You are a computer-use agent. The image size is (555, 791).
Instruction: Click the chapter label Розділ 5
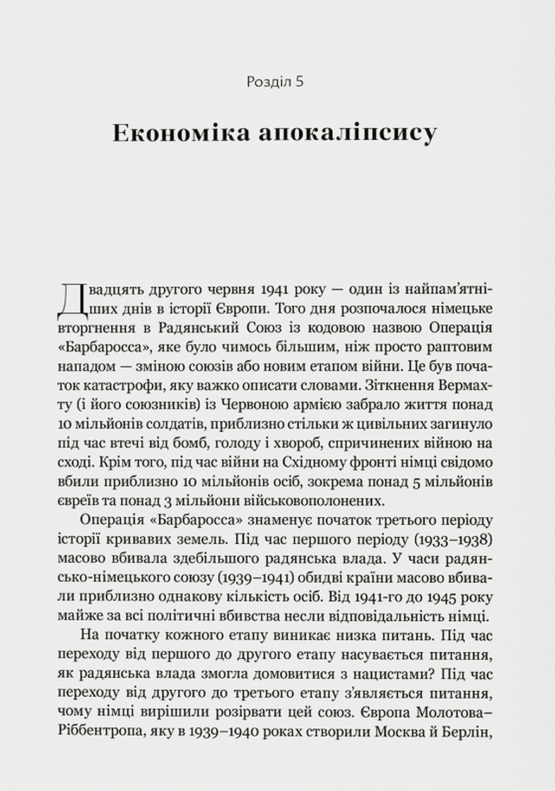274,82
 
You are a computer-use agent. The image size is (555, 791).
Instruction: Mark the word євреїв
76,500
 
